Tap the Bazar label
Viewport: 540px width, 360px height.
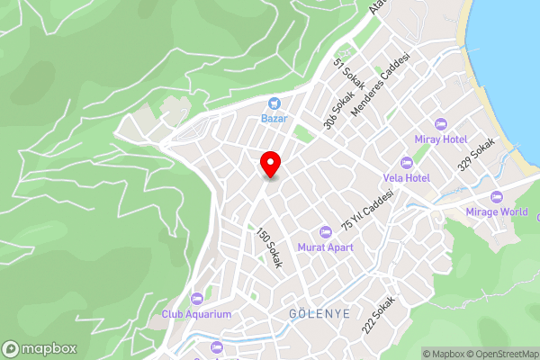click(274, 118)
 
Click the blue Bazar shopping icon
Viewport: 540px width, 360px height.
click(274, 103)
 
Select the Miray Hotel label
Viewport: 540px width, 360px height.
click(440, 139)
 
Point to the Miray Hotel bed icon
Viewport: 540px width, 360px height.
click(440, 124)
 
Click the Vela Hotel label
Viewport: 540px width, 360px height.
click(406, 178)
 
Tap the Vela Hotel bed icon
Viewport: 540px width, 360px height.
click(406, 163)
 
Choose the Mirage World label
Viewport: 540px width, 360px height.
click(497, 212)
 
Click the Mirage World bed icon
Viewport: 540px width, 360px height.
click(496, 197)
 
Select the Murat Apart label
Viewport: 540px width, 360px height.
click(326, 247)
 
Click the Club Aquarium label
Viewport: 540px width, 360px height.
click(196, 314)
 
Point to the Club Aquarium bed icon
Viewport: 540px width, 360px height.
click(196, 299)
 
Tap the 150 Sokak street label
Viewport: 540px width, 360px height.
click(269, 248)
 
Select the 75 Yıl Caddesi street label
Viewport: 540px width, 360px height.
click(367, 209)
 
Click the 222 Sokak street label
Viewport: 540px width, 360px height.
click(379, 315)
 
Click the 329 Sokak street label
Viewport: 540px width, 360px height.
click(476, 154)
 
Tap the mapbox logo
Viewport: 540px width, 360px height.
click(40, 348)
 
